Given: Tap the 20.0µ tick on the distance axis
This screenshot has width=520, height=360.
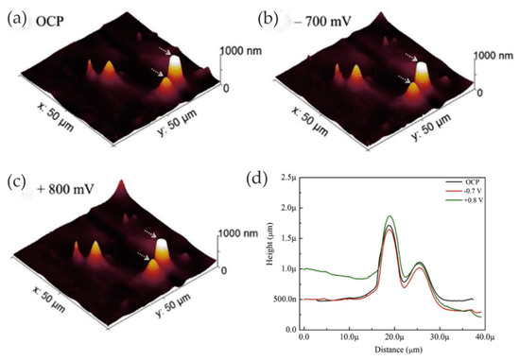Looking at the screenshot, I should point(392,336).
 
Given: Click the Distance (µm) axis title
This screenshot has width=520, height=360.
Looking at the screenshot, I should point(392,349).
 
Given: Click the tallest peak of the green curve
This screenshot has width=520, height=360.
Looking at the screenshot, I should point(390,216).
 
